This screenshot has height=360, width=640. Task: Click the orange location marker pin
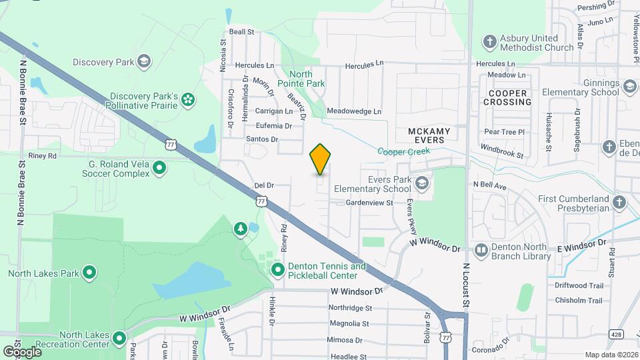pos(321,159)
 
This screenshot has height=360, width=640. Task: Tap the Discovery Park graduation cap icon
pos(143,62)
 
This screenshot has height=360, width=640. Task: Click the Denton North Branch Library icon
pos(481,251)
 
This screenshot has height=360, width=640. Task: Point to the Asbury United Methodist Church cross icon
pos(490,43)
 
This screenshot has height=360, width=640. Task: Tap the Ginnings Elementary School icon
pos(629,87)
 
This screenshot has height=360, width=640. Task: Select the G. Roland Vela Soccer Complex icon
pos(159,168)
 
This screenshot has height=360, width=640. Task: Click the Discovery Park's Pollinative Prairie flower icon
pos(189,100)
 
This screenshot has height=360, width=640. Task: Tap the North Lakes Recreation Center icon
pos(119,339)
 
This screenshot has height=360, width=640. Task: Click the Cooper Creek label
pos(404,151)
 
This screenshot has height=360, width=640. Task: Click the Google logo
pos(22,351)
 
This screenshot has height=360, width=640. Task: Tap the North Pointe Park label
pos(306,79)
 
